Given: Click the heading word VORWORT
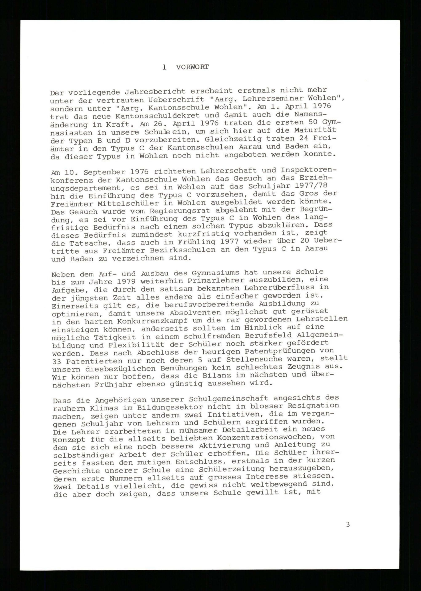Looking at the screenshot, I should tap(192, 67).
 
